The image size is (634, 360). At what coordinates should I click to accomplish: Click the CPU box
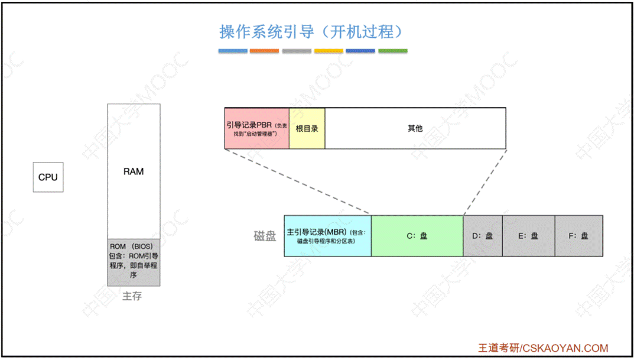(x=48, y=177)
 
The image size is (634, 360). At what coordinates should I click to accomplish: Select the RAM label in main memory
(x=134, y=171)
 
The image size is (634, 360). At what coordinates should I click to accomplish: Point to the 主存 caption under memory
(x=132, y=296)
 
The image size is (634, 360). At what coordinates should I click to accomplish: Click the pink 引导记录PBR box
(x=257, y=128)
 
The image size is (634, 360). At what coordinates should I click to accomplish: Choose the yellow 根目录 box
(x=307, y=128)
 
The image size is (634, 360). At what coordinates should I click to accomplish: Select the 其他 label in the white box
(x=415, y=128)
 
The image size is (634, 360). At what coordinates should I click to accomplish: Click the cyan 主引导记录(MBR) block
(x=327, y=236)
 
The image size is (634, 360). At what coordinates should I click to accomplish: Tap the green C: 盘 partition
(x=417, y=236)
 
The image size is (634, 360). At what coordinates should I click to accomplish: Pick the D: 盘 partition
(x=483, y=236)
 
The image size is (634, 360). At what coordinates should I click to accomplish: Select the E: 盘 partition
(x=528, y=236)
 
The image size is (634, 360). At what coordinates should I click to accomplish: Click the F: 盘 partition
(x=578, y=236)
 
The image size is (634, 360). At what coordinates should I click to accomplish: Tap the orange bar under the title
(x=264, y=51)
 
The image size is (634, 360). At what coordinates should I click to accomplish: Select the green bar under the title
(x=392, y=51)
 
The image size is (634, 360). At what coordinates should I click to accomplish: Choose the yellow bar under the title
(x=329, y=51)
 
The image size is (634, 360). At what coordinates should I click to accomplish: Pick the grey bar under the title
(x=297, y=51)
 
